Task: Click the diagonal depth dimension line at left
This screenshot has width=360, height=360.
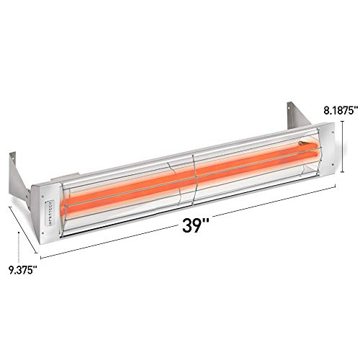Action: tap(25, 230)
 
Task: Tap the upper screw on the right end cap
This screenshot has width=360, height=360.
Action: tap(332, 132)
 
